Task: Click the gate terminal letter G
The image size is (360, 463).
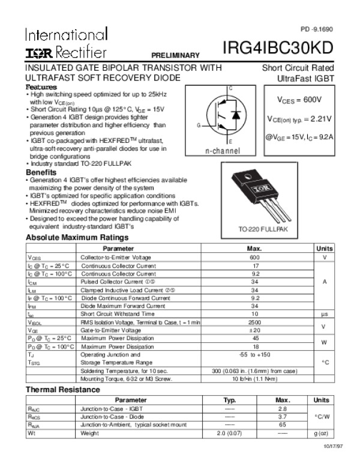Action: [197, 124]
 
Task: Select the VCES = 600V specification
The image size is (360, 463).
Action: [299, 100]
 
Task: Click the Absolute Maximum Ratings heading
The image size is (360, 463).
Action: [77, 238]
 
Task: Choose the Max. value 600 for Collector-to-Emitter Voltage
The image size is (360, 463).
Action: [254, 257]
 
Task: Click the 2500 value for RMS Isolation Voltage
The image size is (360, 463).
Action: [254, 322]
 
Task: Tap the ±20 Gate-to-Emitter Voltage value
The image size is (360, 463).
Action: [254, 330]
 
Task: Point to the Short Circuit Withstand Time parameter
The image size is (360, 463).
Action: [118, 314]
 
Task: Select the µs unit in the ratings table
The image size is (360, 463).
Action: [324, 314]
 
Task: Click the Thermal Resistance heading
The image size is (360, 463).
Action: [62, 390]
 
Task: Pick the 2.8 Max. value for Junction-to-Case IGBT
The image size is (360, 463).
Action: [283, 408]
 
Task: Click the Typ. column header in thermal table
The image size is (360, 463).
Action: [229, 400]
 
